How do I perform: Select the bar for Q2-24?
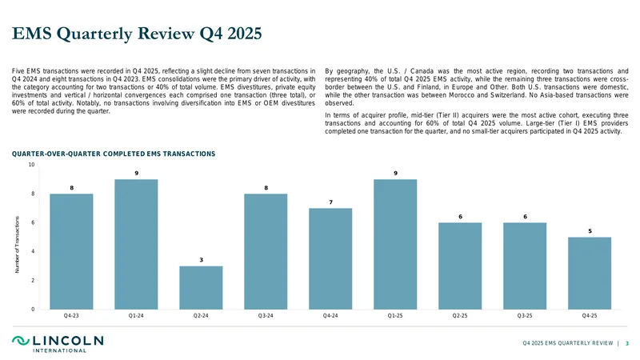[x=201, y=288]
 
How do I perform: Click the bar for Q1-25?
[x=395, y=245]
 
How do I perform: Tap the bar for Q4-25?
[x=590, y=274]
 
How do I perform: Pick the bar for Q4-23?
[x=71, y=251]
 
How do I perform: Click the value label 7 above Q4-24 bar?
[x=331, y=202]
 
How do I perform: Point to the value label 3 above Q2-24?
[x=202, y=259]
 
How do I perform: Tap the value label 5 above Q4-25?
[x=590, y=231]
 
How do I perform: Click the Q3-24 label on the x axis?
[x=266, y=315]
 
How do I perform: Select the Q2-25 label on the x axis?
[x=460, y=315]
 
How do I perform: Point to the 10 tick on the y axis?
[x=31, y=165]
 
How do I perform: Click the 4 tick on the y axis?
[x=33, y=251]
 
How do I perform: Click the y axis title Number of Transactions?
[x=17, y=245]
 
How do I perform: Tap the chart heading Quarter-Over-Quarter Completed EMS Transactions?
[x=114, y=154]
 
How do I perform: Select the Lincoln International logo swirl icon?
[x=21, y=341]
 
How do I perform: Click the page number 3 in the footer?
[x=627, y=343]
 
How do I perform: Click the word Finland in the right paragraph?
[x=427, y=87]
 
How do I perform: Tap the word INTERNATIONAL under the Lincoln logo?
[x=59, y=350]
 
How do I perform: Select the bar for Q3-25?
[x=525, y=266]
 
